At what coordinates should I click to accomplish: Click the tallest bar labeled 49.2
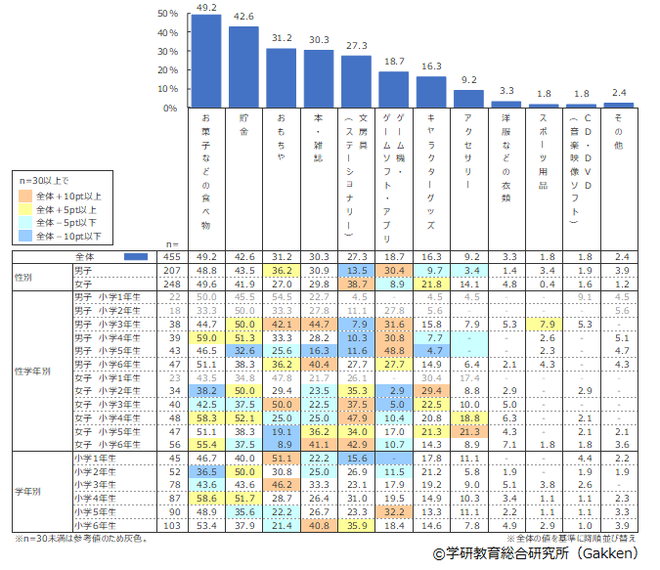205,61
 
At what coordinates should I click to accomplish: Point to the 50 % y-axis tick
167,15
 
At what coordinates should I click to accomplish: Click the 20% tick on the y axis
167,70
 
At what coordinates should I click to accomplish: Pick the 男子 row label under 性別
83,269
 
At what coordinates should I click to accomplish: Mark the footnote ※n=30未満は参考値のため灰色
84,539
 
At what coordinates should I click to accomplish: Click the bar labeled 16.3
431,92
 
